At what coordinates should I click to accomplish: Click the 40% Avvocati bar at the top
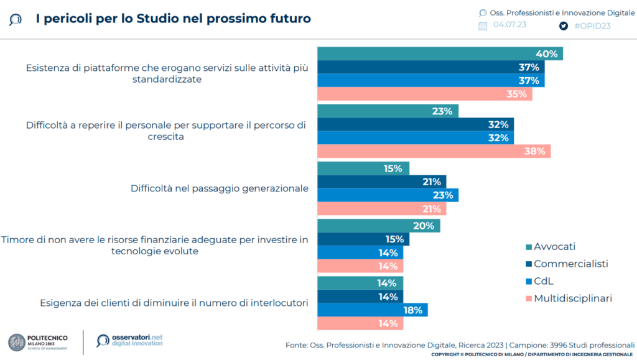point(440,53)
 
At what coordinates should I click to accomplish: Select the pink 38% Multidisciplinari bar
point(434,151)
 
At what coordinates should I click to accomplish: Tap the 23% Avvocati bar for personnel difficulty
point(388,111)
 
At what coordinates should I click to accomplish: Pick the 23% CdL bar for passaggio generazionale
point(388,195)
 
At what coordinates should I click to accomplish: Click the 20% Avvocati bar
point(378,226)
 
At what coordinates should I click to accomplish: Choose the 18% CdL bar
point(372,310)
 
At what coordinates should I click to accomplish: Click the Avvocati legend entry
point(554,246)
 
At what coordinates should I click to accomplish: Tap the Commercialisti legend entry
point(569,264)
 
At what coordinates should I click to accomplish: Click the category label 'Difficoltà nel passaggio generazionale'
point(219,188)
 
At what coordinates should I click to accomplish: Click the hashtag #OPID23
point(592,25)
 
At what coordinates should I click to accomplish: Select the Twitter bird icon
point(564,25)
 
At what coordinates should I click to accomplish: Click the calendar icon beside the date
point(483,25)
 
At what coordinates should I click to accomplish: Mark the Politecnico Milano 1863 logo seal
point(17,341)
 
